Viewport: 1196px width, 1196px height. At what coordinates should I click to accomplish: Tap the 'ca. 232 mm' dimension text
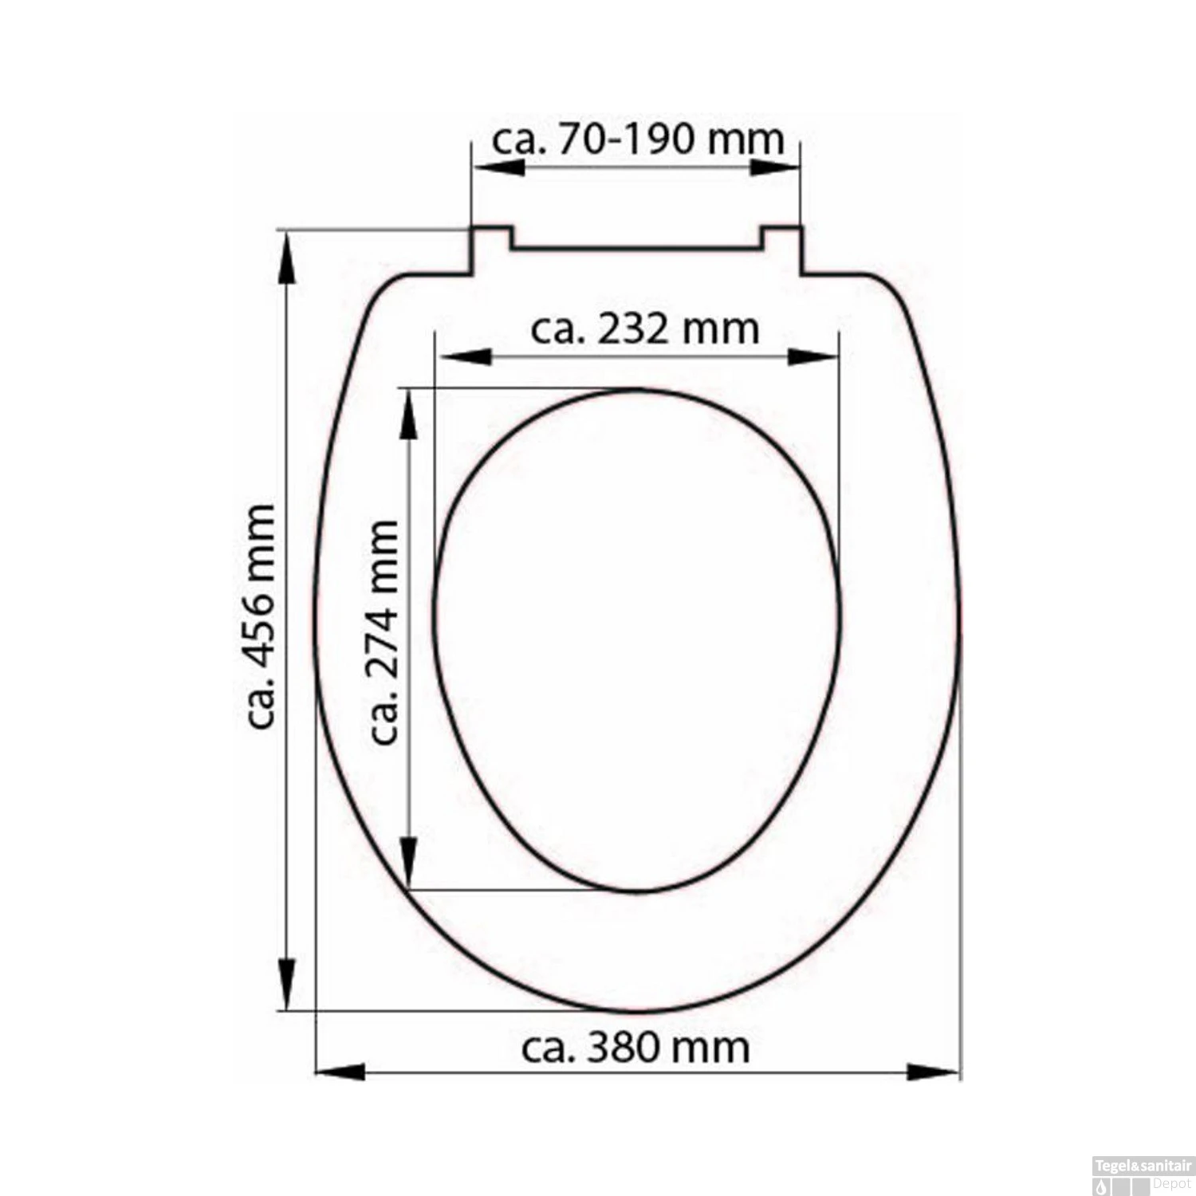644,329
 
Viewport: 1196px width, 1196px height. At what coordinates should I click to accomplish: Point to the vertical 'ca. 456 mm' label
261,616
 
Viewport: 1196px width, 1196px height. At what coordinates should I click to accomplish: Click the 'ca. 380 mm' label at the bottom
635,1048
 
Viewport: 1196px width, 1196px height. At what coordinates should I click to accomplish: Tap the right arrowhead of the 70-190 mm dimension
774,167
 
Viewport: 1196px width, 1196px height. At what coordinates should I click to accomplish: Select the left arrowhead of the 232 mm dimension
466,356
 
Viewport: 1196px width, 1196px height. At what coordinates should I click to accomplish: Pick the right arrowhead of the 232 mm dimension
812,356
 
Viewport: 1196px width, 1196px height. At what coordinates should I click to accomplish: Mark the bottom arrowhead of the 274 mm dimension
408,862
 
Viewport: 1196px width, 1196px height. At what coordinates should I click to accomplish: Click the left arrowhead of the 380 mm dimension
341,1072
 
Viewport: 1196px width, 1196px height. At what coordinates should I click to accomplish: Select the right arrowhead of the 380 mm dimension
933,1072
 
